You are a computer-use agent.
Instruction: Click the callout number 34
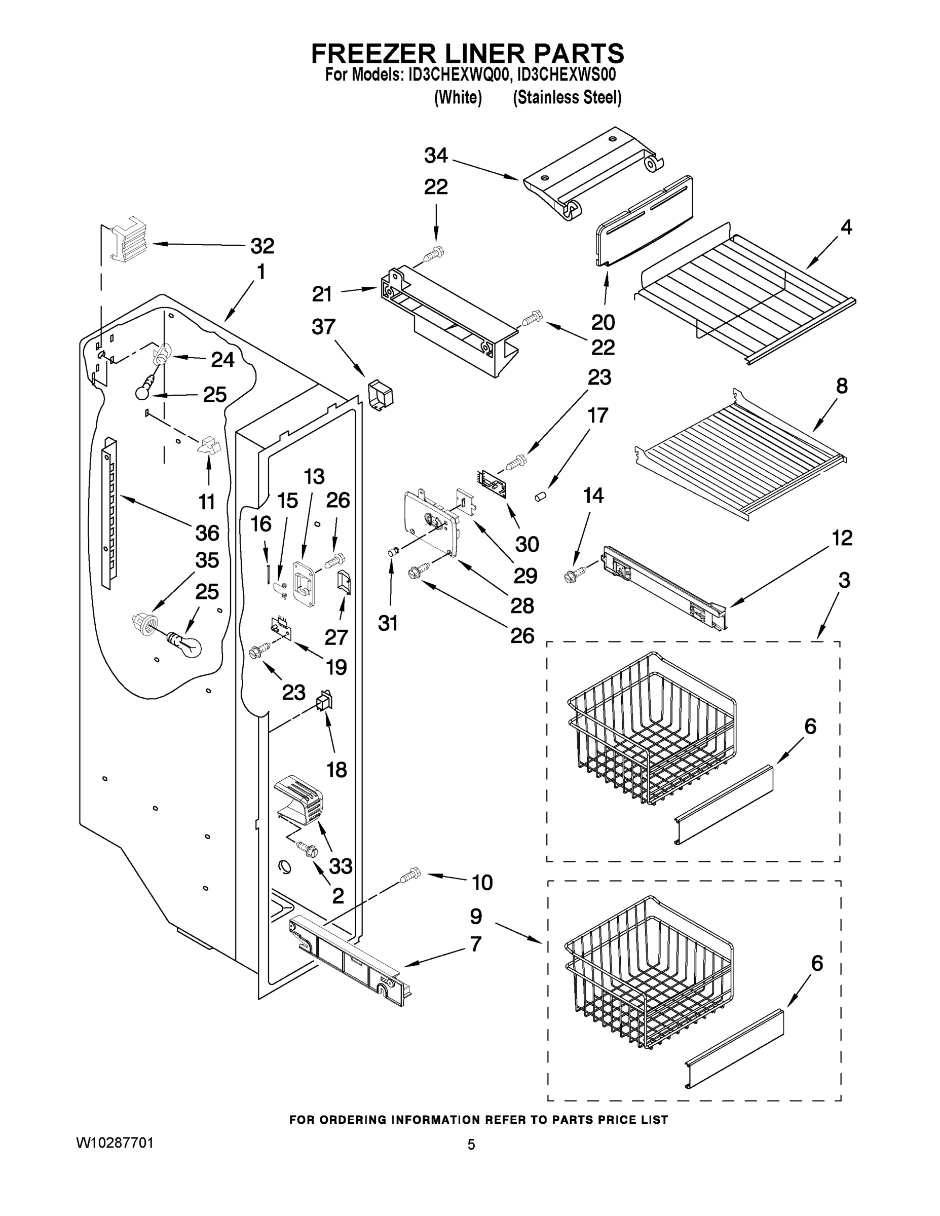click(x=435, y=156)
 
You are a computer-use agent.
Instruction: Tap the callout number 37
click(x=323, y=327)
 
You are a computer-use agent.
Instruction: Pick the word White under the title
click(x=458, y=97)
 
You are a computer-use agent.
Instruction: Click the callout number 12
click(x=842, y=538)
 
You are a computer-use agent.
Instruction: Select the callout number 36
click(x=207, y=533)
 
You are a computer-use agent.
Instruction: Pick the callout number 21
click(x=322, y=294)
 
